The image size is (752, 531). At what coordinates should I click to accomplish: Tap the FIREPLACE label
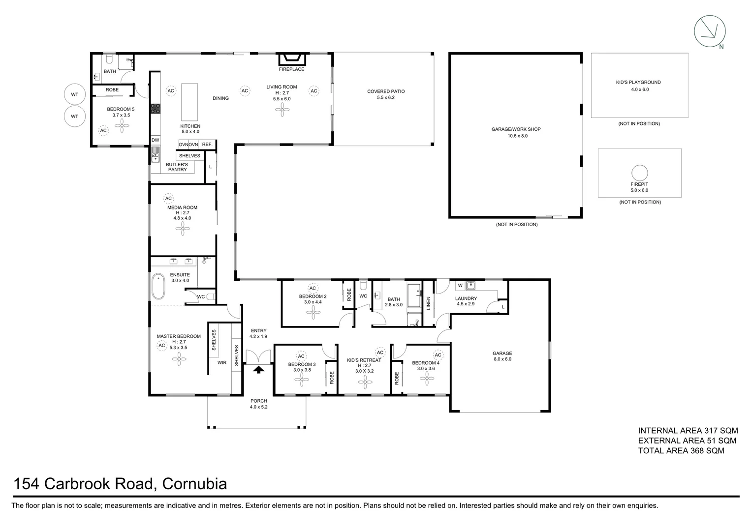(292, 69)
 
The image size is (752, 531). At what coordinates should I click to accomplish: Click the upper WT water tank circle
(74, 94)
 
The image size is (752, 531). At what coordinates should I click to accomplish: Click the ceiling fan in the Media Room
(182, 227)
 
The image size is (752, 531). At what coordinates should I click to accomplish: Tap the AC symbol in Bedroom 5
(103, 131)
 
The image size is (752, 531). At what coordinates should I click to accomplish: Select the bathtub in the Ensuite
(158, 287)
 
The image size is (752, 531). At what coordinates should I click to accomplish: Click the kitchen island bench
(189, 102)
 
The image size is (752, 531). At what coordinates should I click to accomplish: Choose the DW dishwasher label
(156, 140)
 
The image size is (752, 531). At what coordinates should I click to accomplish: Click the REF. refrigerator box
(207, 145)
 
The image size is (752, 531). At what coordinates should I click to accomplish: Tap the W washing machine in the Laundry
(460, 285)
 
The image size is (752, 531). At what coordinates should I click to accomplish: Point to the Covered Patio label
(386, 91)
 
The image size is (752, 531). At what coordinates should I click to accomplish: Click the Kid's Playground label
(638, 83)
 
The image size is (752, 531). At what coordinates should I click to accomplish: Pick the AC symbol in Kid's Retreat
(380, 352)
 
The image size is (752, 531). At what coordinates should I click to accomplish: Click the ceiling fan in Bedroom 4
(427, 377)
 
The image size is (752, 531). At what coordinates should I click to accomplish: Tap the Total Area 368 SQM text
(681, 450)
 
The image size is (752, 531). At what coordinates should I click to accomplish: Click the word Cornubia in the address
(194, 484)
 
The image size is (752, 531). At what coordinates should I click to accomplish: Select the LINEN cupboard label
(428, 303)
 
